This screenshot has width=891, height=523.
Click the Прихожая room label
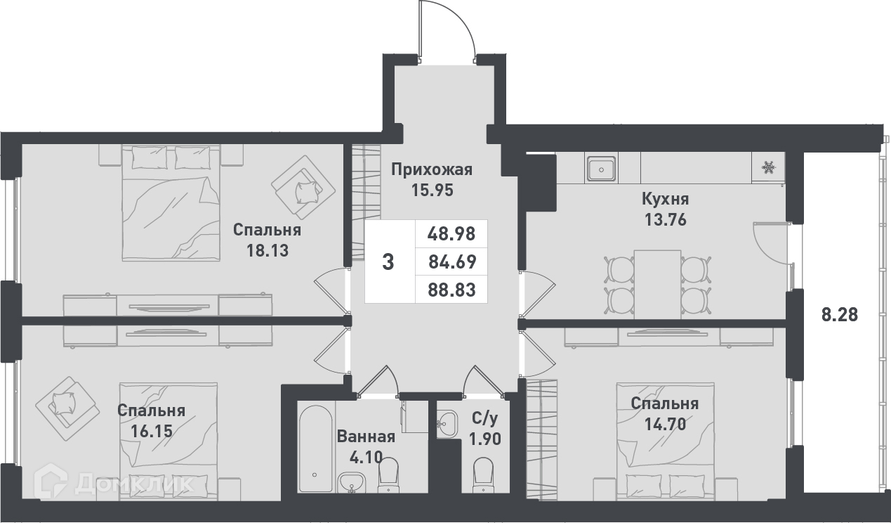[432, 170]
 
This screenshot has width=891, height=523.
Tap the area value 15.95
[432, 191]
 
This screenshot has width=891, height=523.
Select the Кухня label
[665, 199]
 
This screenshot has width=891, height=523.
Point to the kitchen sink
[602, 169]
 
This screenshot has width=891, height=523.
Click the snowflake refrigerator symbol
[768, 167]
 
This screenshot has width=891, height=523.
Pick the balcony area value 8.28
[840, 315]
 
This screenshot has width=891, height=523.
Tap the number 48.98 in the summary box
[451, 234]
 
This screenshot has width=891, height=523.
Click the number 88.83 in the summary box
[451, 290]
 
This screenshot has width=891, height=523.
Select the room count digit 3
[388, 262]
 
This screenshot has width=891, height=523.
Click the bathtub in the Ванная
[315, 448]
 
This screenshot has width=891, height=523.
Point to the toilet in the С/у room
[484, 474]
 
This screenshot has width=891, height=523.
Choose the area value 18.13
[268, 251]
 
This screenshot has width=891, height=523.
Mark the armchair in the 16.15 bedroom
[67, 408]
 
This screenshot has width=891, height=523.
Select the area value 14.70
[665, 425]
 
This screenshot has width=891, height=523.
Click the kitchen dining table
[657, 283]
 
